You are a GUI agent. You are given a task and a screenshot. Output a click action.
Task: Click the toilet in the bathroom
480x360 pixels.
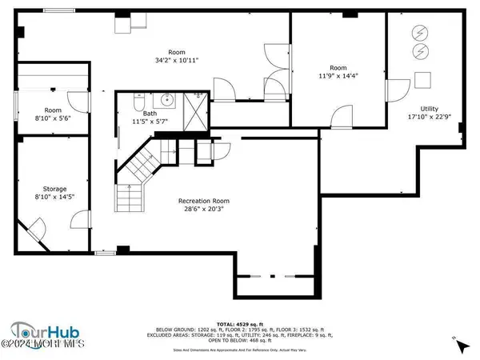[139, 102]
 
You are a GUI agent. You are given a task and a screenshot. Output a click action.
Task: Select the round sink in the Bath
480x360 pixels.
[168, 101]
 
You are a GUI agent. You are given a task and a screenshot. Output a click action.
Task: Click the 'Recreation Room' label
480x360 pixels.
[204, 201]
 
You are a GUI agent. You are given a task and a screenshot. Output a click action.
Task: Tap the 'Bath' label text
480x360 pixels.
[150, 114]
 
